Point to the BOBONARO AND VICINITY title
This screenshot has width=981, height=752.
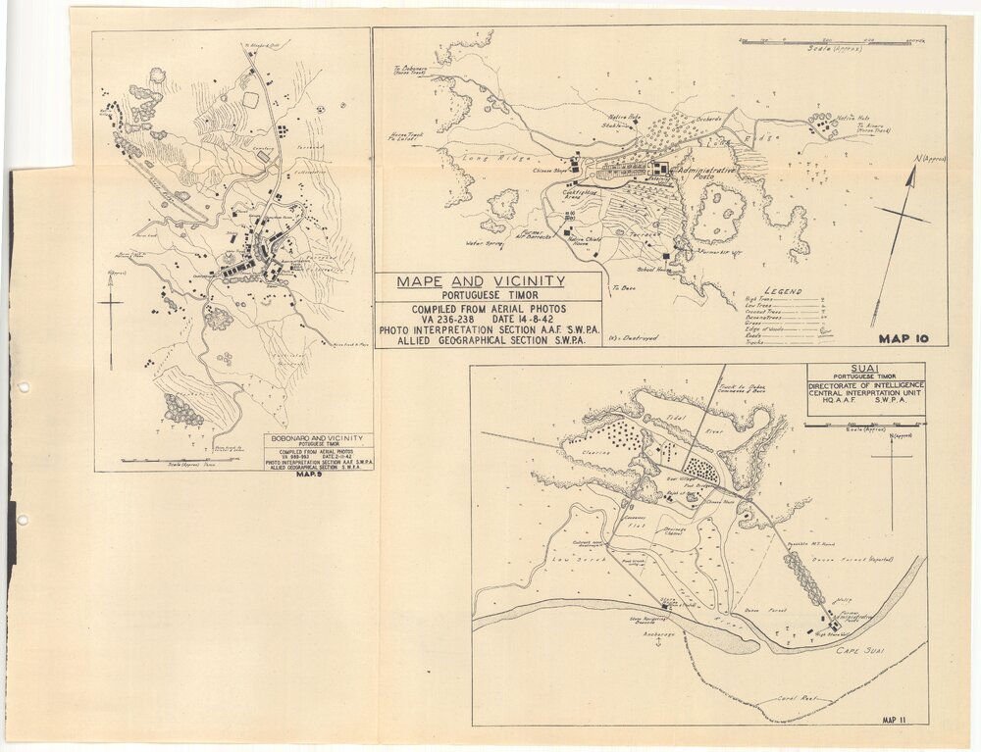pos(317,438)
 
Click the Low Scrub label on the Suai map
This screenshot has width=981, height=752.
pos(567,559)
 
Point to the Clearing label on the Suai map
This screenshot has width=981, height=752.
pos(596,452)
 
